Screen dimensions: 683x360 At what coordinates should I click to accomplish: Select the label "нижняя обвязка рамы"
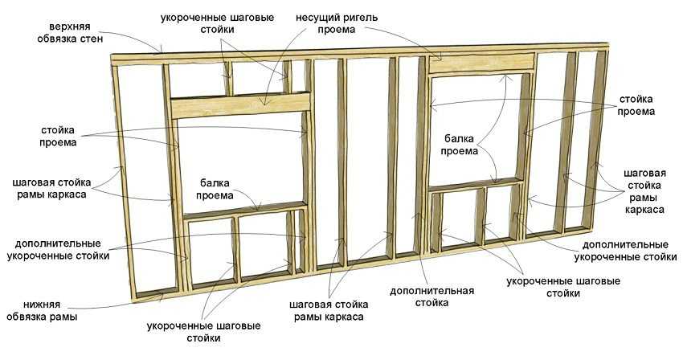tap(42, 310)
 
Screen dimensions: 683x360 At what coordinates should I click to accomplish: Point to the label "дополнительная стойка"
tap(431, 297)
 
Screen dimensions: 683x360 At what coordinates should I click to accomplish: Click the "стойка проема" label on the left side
tap(58, 136)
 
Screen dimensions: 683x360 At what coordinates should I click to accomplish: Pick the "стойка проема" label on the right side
tap(636, 105)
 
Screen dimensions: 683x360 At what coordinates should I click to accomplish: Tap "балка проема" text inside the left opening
tap(215, 189)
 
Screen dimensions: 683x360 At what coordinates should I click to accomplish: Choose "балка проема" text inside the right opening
tap(461, 145)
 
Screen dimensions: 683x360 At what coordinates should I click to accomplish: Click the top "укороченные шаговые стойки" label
tap(218, 23)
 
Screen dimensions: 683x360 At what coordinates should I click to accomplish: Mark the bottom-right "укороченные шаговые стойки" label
tap(563, 287)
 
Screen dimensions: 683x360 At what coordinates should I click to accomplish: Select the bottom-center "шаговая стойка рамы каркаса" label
tap(329, 310)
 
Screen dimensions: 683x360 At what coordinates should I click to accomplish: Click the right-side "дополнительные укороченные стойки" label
tap(625, 251)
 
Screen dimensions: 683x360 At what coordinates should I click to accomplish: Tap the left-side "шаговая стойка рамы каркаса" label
tap(52, 188)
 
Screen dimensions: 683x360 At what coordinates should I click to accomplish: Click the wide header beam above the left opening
tap(240, 105)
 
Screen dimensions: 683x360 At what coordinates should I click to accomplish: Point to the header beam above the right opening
tap(482, 63)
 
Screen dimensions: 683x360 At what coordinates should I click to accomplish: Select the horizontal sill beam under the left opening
tap(245, 210)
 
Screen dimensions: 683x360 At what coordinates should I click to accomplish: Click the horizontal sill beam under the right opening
tap(476, 184)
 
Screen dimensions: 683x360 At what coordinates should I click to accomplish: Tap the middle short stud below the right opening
tap(480, 215)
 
